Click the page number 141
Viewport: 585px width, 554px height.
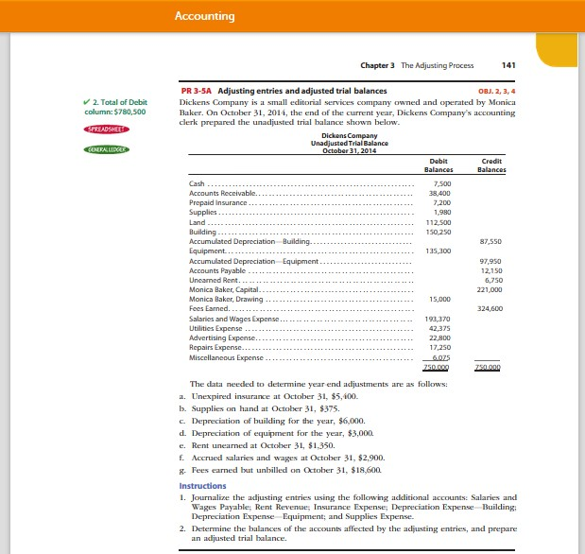pos(508,65)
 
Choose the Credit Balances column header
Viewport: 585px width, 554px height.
pos(491,166)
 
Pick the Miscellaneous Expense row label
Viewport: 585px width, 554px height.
pos(226,358)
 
